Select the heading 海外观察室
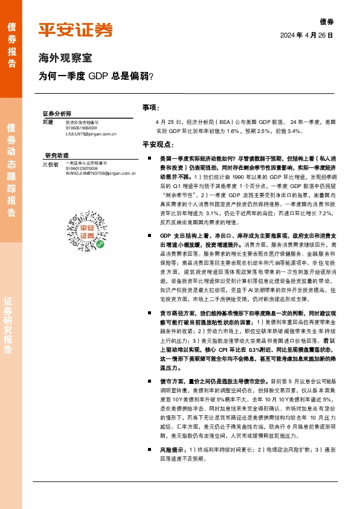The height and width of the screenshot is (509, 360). coord(65,59)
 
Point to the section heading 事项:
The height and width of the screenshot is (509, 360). coord(151,107)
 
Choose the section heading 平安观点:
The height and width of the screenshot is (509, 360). coord(158,144)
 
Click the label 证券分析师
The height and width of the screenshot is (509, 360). coord(57,114)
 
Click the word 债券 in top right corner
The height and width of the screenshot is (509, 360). coord(326,22)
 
